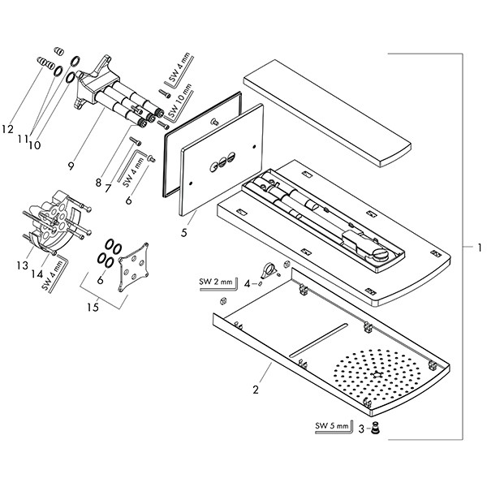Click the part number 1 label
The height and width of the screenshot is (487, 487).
coord(480,247)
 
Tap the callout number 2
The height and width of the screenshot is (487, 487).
coord(256,390)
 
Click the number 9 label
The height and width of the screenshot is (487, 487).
coord(71,166)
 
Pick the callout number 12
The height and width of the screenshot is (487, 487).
coord(8,129)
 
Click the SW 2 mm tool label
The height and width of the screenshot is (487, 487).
coord(215,282)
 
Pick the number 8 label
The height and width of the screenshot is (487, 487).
coord(98,183)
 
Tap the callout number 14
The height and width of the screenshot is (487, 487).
coord(37,274)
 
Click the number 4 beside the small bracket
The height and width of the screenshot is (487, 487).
coord(247,283)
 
